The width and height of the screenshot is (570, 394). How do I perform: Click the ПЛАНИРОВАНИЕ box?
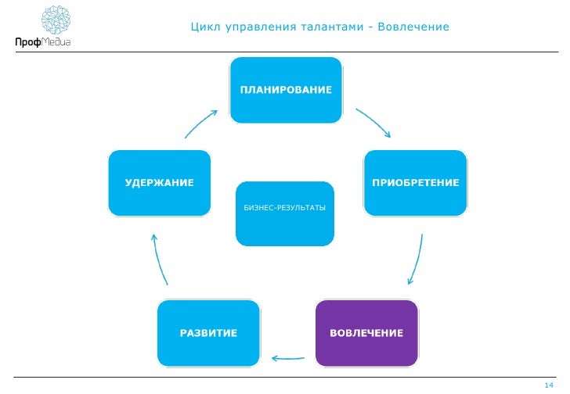click(x=286, y=90)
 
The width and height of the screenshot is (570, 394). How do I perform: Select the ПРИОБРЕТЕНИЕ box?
click(x=415, y=182)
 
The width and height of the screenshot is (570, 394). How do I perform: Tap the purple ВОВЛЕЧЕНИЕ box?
click(x=366, y=333)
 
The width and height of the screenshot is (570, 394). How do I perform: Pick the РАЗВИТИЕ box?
click(x=209, y=333)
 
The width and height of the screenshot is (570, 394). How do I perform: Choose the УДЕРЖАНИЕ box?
click(x=159, y=182)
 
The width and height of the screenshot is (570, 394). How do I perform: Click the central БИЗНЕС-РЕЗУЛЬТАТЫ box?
click(x=285, y=213)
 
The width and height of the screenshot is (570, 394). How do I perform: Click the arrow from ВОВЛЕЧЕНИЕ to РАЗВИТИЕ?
click(x=287, y=358)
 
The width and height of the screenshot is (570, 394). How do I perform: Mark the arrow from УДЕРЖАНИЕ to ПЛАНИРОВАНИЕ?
click(x=201, y=123)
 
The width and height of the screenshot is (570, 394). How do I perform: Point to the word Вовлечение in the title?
click(x=413, y=28)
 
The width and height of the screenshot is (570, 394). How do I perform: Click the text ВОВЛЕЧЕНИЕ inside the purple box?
click(x=366, y=334)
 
